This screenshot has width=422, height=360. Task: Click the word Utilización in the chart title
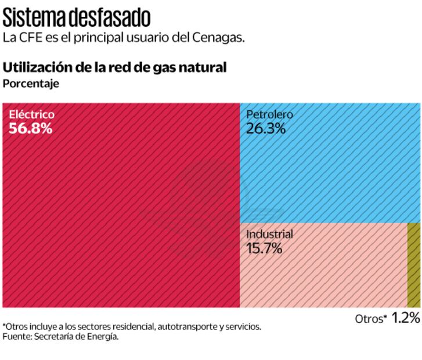click(38, 67)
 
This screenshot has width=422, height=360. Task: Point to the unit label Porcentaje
click(31, 83)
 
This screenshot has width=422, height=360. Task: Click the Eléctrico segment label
click(32, 114)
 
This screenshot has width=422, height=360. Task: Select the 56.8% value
click(31, 128)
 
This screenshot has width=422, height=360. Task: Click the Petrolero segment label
click(269, 114)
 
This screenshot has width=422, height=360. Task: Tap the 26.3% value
click(266, 128)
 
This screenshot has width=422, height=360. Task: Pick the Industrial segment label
click(269, 235)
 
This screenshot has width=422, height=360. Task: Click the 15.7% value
click(264, 249)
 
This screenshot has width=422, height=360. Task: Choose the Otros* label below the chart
click(371, 319)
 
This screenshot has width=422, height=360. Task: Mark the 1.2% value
click(405, 318)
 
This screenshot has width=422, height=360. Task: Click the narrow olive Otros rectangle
click(414, 265)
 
